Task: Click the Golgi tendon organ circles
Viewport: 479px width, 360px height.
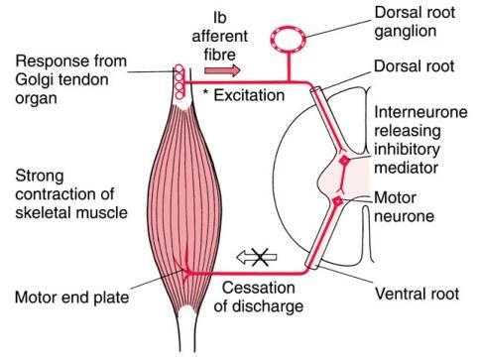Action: pyautogui.click(x=180, y=84)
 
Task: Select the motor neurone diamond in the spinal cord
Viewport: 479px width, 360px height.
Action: pyautogui.click(x=338, y=202)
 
